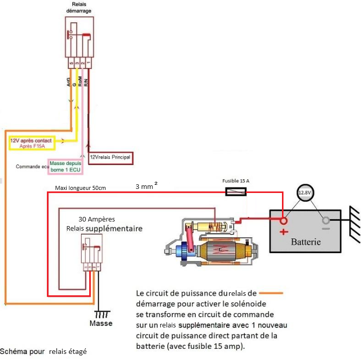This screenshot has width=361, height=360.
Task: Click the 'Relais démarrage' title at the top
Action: coord(79,7)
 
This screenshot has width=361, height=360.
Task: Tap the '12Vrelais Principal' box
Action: coord(110,157)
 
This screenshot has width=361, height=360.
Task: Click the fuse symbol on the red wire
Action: coord(236,191)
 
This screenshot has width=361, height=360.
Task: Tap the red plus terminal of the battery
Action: coord(283,221)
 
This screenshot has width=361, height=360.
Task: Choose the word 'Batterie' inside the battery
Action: coord(305,241)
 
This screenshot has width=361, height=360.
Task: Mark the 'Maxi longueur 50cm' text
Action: coord(80,188)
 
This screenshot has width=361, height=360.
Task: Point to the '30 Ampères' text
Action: coord(100,219)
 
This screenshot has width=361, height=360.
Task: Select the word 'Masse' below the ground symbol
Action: coord(101,323)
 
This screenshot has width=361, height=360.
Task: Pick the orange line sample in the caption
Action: coord(270,293)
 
